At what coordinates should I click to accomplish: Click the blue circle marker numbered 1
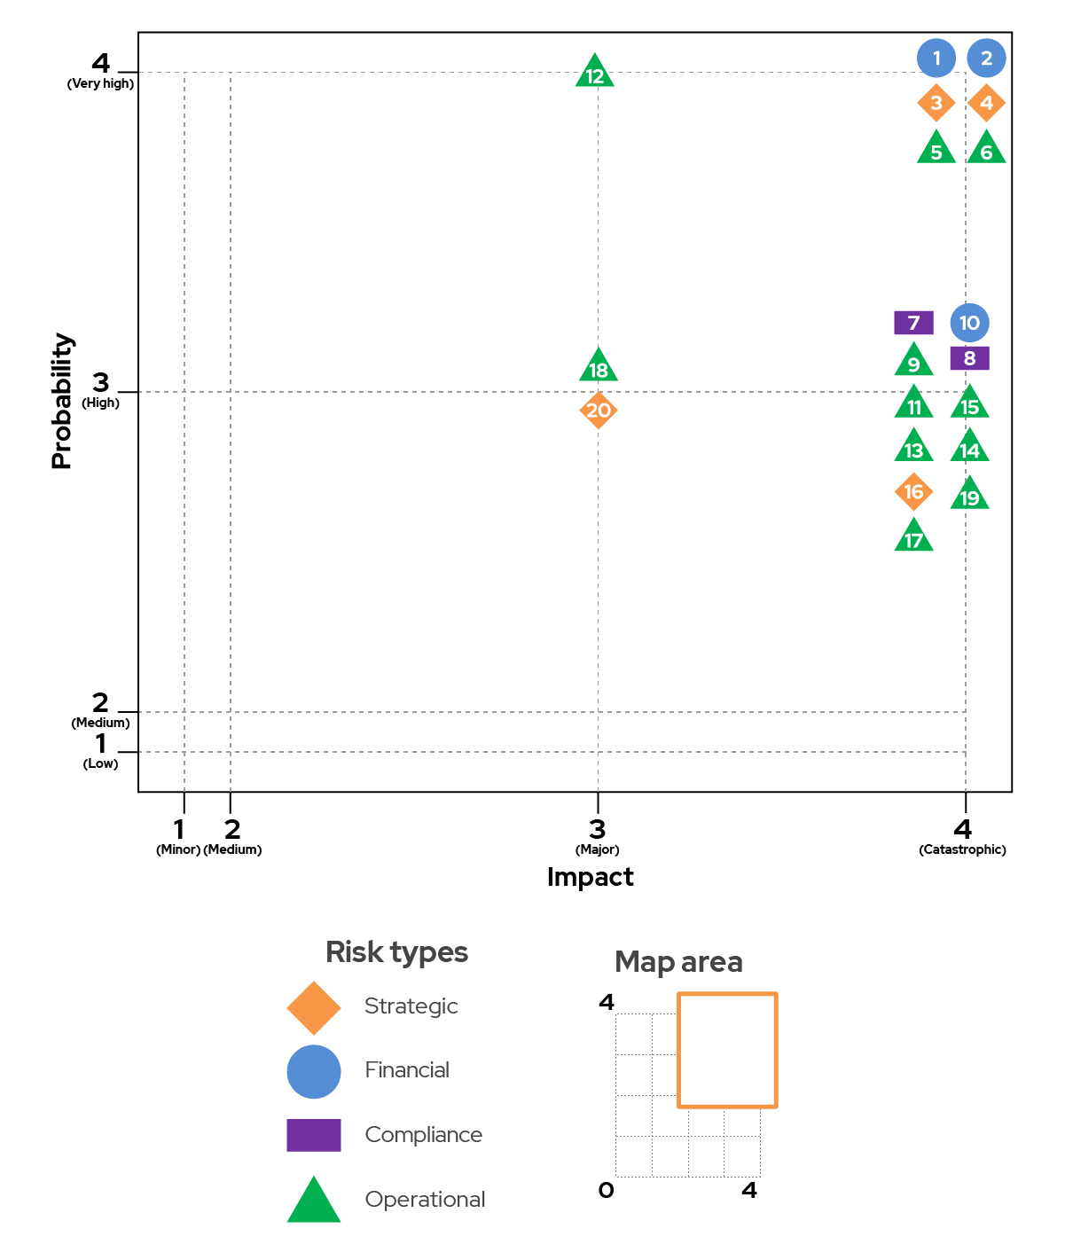pyautogui.click(x=936, y=58)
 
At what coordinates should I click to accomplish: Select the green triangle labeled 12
pyautogui.click(x=594, y=72)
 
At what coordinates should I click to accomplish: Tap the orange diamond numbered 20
pyautogui.click(x=598, y=411)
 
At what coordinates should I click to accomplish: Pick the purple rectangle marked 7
pyautogui.click(x=913, y=323)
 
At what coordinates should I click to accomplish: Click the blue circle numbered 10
pyautogui.click(x=969, y=323)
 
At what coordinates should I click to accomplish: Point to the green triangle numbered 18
pyautogui.click(x=598, y=365)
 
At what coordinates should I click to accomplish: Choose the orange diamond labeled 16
pyautogui.click(x=913, y=491)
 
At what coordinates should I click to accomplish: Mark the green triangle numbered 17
pyautogui.click(x=913, y=536)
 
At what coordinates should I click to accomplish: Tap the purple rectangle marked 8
pyautogui.click(x=969, y=358)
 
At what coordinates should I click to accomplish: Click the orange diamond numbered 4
pyautogui.click(x=986, y=102)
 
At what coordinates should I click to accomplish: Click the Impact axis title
pyautogui.click(x=590, y=878)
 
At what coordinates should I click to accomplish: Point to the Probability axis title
pyautogui.click(x=61, y=401)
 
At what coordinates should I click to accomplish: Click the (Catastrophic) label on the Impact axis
pyautogui.click(x=962, y=849)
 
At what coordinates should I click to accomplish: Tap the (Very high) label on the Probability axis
pyautogui.click(x=100, y=83)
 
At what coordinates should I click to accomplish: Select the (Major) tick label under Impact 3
pyautogui.click(x=597, y=849)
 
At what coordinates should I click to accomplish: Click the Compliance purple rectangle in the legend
pyautogui.click(x=313, y=1134)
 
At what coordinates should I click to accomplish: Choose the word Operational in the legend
pyautogui.click(x=425, y=1199)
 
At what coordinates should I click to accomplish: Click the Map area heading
pyautogui.click(x=678, y=963)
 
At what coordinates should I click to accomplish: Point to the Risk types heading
pyautogui.click(x=396, y=952)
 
